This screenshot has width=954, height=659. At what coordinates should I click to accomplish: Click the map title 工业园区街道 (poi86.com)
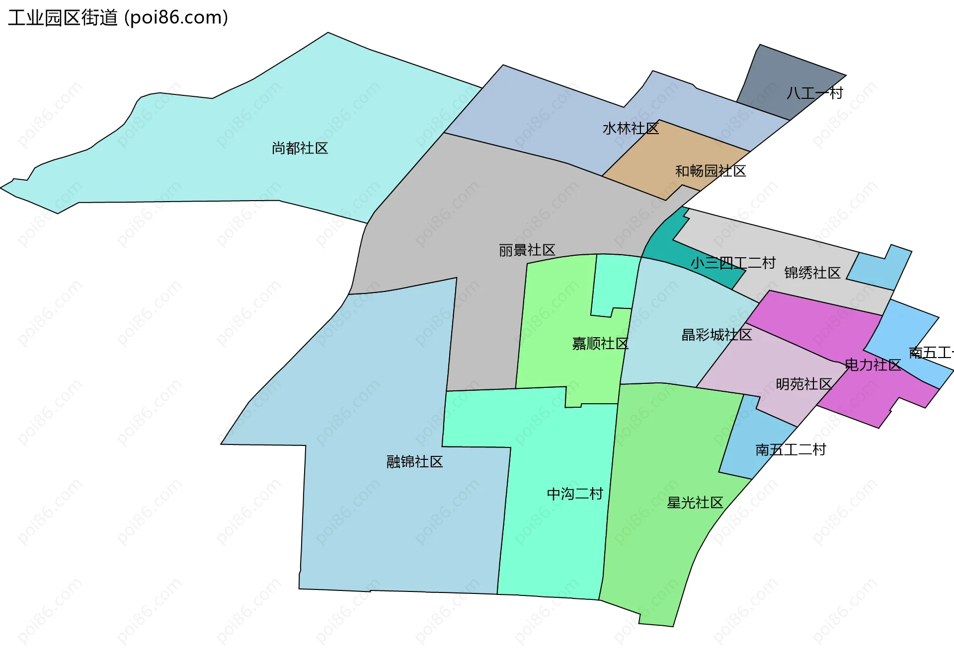118,18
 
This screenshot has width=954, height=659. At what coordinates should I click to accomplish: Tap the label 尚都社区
300,148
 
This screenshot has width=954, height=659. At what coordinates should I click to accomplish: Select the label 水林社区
631,129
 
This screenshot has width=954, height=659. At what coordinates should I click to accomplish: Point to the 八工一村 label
814,93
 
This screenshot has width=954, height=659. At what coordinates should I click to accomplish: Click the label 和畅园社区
710,171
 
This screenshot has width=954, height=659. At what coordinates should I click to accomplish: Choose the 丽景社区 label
527,250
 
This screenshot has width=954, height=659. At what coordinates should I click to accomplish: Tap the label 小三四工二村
733,263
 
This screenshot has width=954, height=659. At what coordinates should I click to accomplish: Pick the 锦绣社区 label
812,273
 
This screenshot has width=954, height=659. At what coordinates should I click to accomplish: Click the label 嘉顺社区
600,343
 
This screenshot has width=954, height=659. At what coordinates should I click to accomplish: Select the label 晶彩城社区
716,335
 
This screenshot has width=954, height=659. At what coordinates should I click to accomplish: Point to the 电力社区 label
873,365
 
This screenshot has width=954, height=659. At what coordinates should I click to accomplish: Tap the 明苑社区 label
803,384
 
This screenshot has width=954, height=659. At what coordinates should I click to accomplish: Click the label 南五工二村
790,450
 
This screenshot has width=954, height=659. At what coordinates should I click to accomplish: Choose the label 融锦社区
414,462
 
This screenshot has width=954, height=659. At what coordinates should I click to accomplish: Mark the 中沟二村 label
574,494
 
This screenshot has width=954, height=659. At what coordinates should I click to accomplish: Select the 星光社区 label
695,503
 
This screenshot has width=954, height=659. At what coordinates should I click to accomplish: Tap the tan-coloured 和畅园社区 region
661,159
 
